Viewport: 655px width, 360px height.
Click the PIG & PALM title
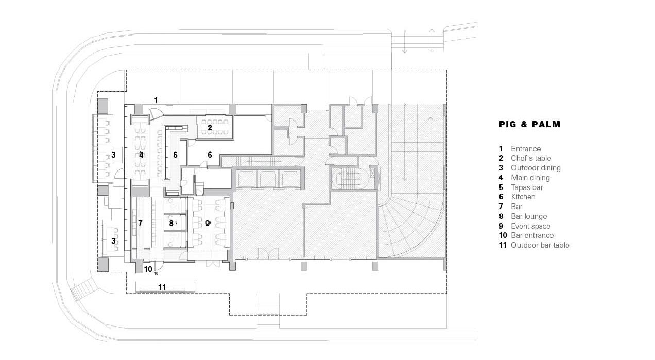coord(529,124)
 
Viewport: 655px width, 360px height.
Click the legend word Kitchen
coord(523,197)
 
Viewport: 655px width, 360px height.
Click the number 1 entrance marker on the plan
coord(156,100)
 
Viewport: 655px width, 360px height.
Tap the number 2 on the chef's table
coord(210,128)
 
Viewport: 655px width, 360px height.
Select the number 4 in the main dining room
coord(141,155)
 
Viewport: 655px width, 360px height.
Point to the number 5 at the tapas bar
coord(175,155)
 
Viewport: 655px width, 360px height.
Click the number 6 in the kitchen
coord(210,155)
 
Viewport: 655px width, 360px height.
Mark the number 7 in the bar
coord(140,224)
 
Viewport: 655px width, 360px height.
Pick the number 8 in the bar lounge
coord(171,224)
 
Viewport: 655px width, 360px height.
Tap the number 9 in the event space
coord(207,224)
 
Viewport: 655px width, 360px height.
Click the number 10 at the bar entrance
coord(148,269)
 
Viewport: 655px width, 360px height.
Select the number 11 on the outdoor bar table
coord(162,287)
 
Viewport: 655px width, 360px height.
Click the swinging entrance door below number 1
coord(155,113)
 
